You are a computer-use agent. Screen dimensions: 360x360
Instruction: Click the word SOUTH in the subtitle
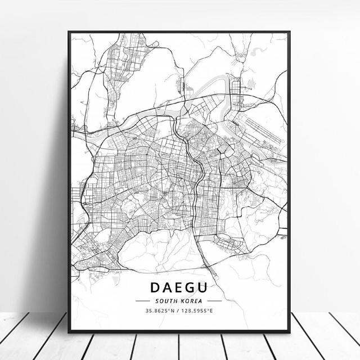(x=167, y=301)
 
